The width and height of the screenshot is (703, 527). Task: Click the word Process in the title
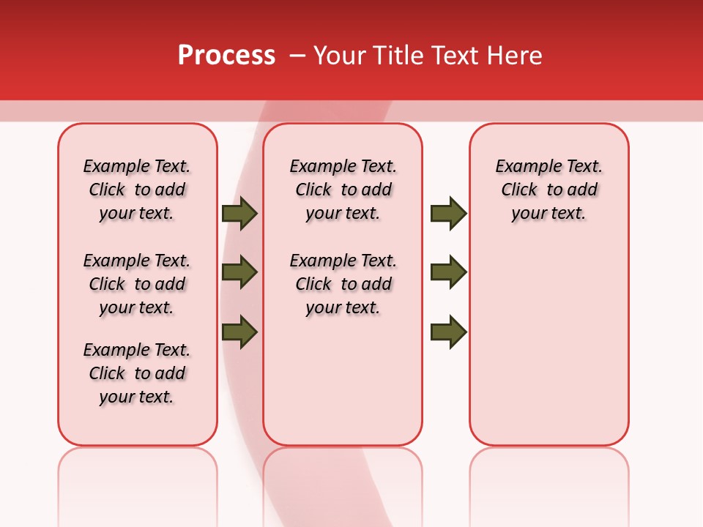226,56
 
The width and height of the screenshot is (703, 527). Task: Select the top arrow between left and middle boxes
239,214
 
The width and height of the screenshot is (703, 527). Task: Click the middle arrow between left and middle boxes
239,272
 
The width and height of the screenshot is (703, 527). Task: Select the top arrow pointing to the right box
448,214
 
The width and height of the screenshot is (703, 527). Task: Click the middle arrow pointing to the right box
448,272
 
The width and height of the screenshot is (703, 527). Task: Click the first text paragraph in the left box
137,190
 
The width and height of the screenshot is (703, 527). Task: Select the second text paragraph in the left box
137,284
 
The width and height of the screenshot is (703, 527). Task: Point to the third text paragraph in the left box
137,373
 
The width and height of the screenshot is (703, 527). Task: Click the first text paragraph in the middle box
343,190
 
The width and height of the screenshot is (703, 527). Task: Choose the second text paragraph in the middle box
343,284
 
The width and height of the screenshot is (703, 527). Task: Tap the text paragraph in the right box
548,190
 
